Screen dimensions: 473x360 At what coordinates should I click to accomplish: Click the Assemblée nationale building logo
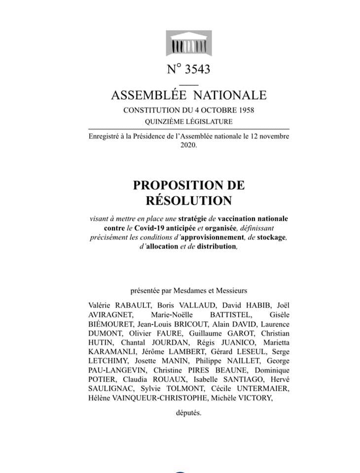(189, 45)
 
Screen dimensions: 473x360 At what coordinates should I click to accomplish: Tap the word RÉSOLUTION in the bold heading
(188, 201)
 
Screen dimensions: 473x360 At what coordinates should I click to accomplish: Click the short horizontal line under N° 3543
(189, 81)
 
